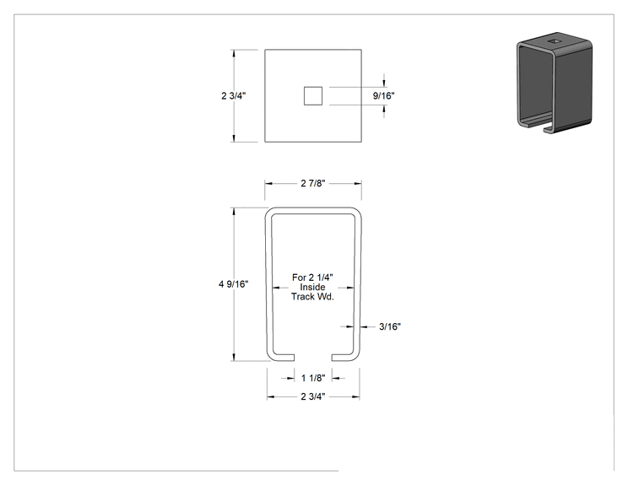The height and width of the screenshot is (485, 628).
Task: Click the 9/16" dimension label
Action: coord(383,95)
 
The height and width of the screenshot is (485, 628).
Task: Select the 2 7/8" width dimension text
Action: coord(313,183)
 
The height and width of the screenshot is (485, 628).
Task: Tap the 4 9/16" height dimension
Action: coord(233,284)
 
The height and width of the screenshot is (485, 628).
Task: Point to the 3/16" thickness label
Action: coord(390,326)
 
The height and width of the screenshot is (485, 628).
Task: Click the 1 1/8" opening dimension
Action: coord(313,378)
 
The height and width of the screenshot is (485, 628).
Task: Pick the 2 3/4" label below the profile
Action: coord(313,396)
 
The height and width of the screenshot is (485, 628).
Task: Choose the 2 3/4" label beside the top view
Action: coord(234,95)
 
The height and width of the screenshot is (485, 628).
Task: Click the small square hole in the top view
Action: coord(313,96)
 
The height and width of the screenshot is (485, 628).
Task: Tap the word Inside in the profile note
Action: coord(312,287)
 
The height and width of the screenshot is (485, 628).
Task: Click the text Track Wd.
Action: coord(312,297)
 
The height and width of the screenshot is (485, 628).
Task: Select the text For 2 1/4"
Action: coord(312,278)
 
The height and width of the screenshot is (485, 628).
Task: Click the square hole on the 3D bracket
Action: coord(555,40)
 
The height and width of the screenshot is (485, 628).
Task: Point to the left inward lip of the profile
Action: coord(284,358)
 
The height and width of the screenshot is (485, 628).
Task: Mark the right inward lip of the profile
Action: coord(343,358)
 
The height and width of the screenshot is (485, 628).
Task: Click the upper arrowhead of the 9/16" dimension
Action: coord(385,84)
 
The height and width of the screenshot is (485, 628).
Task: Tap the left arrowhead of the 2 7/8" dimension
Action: coord(268,183)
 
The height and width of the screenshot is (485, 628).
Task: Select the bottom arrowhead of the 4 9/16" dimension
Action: coord(234,357)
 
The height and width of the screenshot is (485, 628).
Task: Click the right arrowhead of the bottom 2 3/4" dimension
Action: coord(355,396)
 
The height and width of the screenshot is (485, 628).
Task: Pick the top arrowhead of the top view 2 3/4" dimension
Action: coord(234,54)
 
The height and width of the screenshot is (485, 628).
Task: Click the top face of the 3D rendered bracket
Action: coord(555,41)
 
